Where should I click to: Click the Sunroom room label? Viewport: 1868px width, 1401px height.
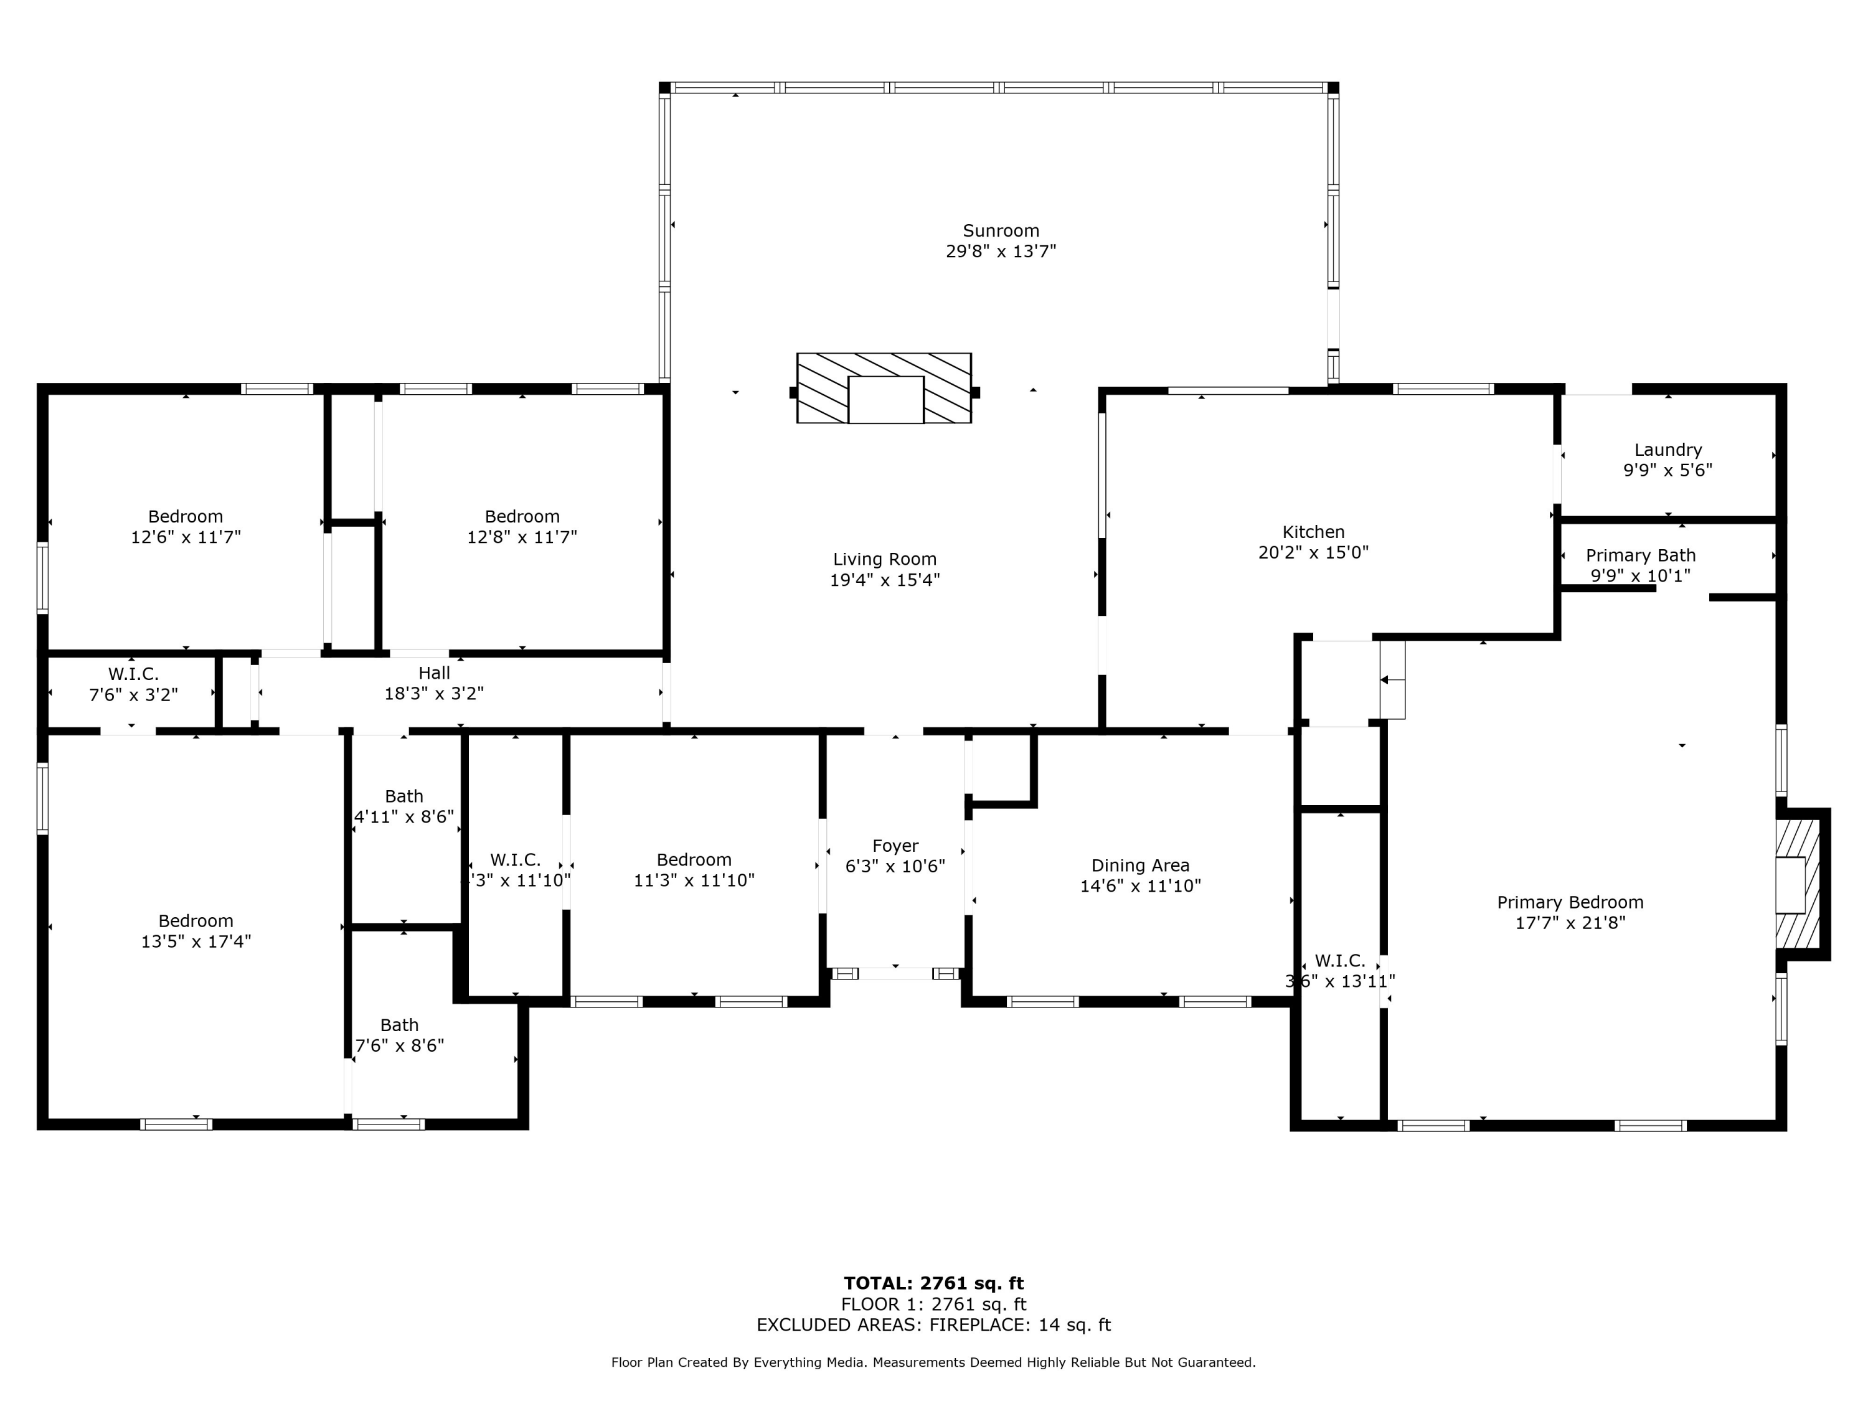point(1001,230)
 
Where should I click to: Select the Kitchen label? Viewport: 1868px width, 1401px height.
point(1313,532)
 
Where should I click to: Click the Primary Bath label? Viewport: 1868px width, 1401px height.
point(1640,555)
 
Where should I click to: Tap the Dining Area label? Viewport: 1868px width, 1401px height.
point(1140,866)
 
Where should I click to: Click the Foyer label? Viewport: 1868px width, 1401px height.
point(895,846)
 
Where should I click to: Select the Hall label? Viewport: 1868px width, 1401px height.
point(434,673)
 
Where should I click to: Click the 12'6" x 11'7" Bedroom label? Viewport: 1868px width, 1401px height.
point(186,517)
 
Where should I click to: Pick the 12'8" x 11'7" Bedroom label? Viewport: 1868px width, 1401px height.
point(522,517)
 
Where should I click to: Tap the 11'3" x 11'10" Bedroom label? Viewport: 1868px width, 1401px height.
point(694,860)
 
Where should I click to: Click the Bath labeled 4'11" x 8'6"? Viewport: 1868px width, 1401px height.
point(403,796)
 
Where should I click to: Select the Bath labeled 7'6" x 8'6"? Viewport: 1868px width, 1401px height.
point(400,1025)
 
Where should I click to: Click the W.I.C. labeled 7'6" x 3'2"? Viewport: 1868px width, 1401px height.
point(133,674)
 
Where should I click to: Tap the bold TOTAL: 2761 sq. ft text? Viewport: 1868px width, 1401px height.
point(933,1283)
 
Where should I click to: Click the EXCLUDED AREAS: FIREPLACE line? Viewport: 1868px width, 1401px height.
point(933,1325)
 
